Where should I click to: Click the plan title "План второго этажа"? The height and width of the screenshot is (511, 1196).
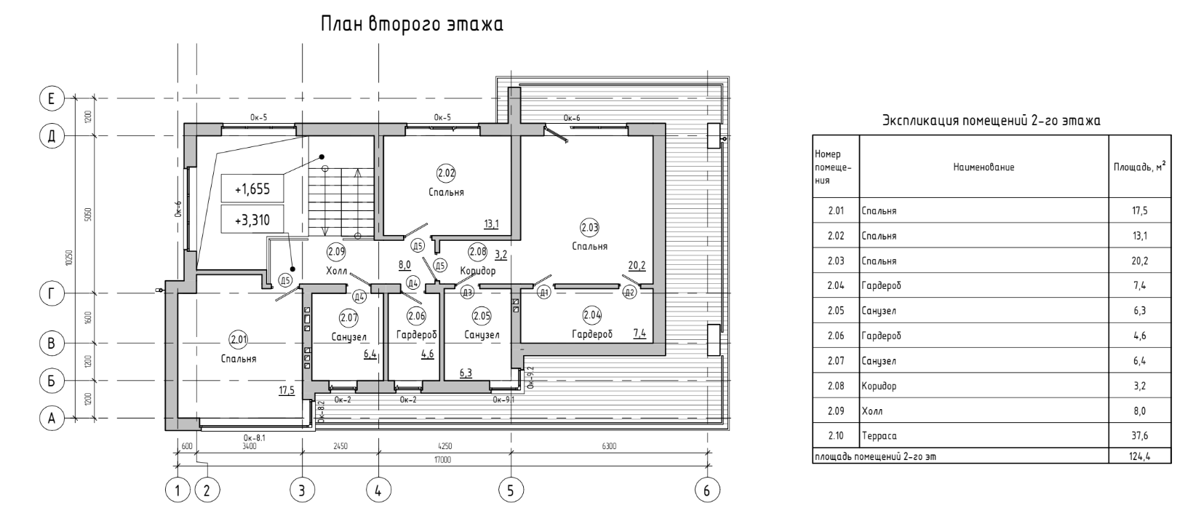[x=412, y=25]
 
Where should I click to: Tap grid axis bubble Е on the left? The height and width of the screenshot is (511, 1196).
[x=52, y=99]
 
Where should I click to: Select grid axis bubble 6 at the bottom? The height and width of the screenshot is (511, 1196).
[x=707, y=490]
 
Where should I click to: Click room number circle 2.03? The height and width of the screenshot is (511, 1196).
[x=589, y=229]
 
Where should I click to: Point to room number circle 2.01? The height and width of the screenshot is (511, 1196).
[x=239, y=339]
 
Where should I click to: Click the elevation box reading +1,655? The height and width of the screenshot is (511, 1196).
[x=252, y=189]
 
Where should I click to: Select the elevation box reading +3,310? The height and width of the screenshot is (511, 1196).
[x=252, y=219]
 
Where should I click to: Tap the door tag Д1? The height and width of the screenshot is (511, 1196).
[x=544, y=292]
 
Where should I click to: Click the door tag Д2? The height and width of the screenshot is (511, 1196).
[x=629, y=292]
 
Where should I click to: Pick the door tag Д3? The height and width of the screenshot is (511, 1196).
[x=467, y=292]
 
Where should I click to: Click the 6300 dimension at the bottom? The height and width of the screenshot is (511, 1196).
[x=609, y=445]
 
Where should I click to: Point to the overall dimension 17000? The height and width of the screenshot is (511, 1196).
[x=442, y=459]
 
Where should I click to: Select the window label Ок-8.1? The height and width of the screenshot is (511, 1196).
[x=254, y=437]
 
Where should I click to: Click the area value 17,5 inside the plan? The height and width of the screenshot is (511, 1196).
[x=287, y=390]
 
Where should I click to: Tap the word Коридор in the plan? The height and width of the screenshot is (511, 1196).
[x=478, y=271]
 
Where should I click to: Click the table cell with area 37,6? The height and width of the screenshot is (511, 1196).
[x=1139, y=435]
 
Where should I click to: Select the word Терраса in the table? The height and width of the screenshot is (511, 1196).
[x=879, y=435]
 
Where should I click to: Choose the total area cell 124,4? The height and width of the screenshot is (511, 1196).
[x=1139, y=456]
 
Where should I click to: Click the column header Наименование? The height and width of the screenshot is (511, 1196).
[x=984, y=167]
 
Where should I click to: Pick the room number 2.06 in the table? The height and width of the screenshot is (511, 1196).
[x=836, y=336]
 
